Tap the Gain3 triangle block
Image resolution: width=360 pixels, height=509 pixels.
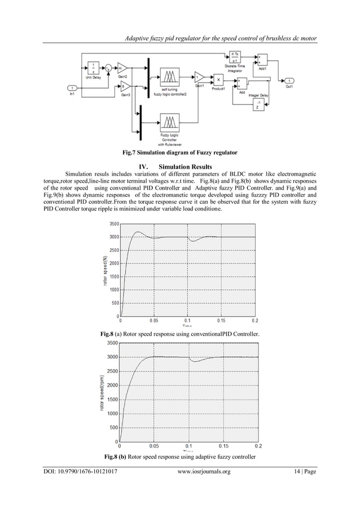[x=124, y=86]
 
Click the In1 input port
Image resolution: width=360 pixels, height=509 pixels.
[x=72, y=88]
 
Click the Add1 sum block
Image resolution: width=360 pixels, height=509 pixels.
[x=263, y=60]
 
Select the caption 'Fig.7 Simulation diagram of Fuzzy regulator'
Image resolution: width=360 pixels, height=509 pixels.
[x=180, y=153]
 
